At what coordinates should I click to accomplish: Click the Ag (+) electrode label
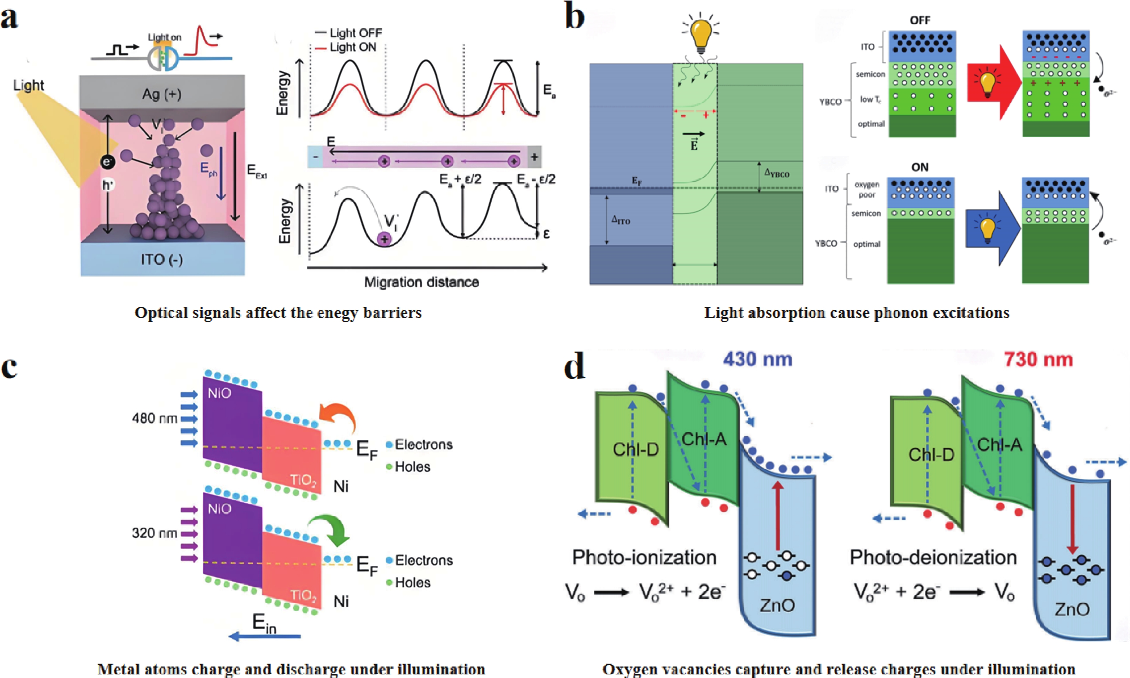point(161,94)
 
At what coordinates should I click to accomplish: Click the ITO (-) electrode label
point(161,260)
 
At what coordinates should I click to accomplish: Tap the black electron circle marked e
point(108,161)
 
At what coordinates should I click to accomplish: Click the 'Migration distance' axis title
point(421,282)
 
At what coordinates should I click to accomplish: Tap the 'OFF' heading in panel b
point(920,20)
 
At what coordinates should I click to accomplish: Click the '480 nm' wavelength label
point(154,418)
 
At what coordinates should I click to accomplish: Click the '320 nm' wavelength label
point(154,533)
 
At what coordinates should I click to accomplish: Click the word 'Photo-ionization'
point(644,557)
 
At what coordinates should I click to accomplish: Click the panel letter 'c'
point(9,368)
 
